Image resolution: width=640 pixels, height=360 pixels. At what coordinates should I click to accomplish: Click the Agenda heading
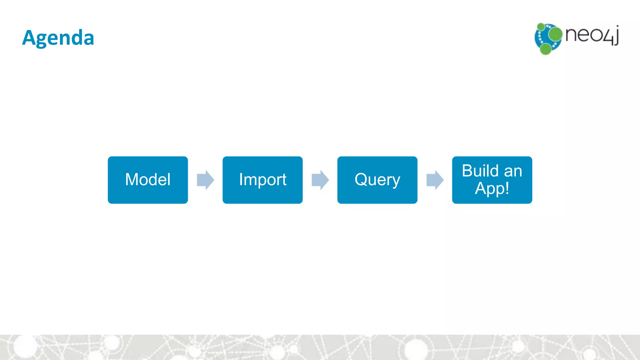(x=58, y=38)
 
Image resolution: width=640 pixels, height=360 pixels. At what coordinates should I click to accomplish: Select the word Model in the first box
(x=148, y=180)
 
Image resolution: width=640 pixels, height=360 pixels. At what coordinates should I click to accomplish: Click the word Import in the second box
(x=262, y=180)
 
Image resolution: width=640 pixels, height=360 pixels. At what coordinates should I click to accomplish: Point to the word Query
(x=377, y=180)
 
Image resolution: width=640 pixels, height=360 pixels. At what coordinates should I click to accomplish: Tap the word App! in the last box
(x=492, y=188)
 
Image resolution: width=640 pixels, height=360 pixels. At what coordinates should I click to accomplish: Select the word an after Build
(x=513, y=171)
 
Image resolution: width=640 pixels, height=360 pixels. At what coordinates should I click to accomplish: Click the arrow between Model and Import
(x=205, y=180)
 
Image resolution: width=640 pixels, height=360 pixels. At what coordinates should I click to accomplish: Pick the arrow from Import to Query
(x=320, y=180)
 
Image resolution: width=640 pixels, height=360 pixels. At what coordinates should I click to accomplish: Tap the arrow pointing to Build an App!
(x=435, y=180)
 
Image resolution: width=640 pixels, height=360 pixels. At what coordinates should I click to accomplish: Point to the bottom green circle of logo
(x=546, y=49)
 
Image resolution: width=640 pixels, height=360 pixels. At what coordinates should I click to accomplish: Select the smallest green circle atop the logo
(x=541, y=27)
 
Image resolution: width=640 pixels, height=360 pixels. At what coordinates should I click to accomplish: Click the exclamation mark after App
(x=507, y=188)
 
